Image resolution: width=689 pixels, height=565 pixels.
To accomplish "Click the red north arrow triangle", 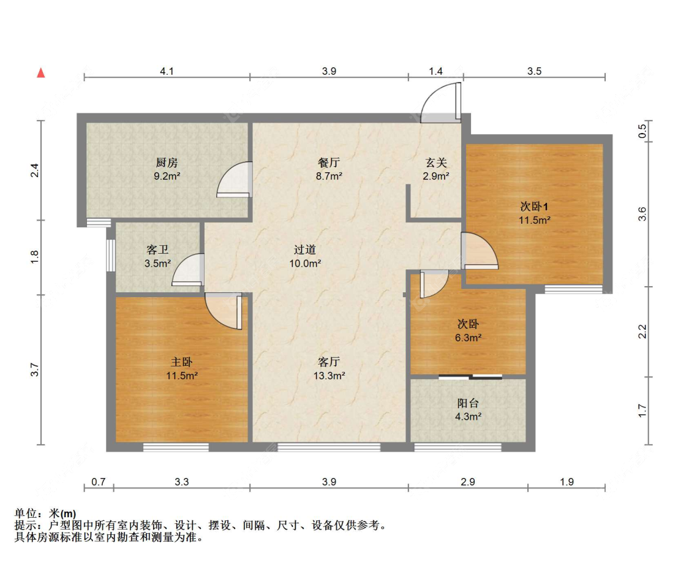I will click(x=41, y=73).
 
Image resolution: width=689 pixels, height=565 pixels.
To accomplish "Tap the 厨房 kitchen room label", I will click(x=167, y=162).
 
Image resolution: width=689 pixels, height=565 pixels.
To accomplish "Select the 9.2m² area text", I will click(x=167, y=176).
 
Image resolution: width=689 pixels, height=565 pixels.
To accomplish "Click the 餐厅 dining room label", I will click(x=329, y=162).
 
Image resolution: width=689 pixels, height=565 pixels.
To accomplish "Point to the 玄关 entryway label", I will click(x=436, y=162).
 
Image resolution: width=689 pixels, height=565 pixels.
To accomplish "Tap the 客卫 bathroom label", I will click(x=157, y=250).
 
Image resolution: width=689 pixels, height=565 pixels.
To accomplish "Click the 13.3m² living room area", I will click(x=329, y=375).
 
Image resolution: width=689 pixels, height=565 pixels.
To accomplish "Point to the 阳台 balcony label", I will click(x=469, y=403).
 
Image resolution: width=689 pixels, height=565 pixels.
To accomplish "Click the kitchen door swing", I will click(x=235, y=180).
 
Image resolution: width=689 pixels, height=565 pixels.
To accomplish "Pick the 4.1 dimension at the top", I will click(x=167, y=71).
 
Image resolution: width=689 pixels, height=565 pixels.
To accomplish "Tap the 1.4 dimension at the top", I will click(x=435, y=71).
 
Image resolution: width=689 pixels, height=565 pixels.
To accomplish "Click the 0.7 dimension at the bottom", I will click(x=98, y=482).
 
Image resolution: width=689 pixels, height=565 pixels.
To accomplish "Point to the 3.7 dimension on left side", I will click(x=35, y=370).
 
